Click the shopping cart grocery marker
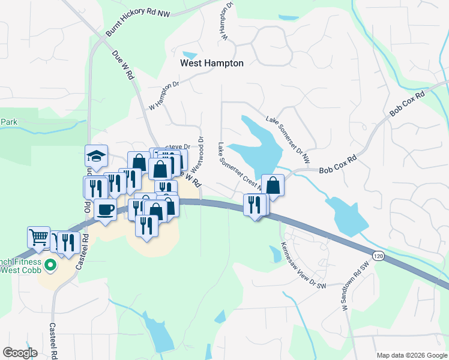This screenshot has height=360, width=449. click(x=38, y=237)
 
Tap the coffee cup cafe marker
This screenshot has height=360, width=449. click(x=106, y=210)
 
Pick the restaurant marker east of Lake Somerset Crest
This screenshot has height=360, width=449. click(x=255, y=205)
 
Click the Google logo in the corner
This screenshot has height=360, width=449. click(x=20, y=352)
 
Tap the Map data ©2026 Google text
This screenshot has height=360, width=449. click(x=411, y=355)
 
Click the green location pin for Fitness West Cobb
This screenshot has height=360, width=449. click(x=50, y=264)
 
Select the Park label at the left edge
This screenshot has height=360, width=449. click(x=8, y=122)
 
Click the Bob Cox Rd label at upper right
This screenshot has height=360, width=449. click(x=407, y=104)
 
